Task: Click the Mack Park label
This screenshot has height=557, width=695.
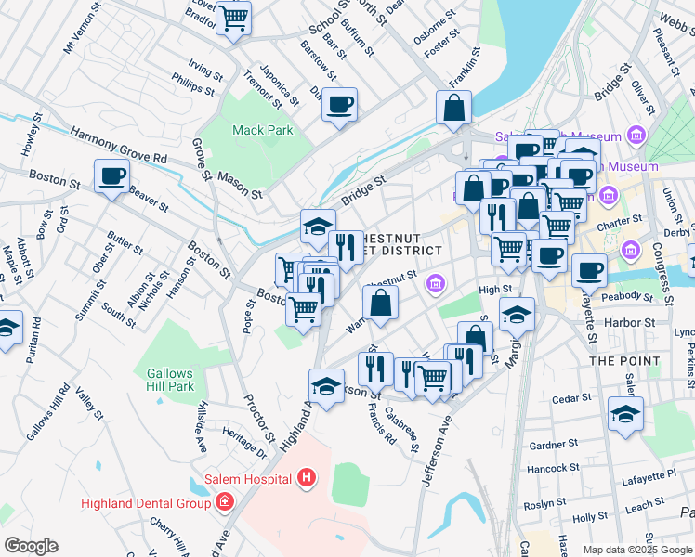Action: click(262, 131)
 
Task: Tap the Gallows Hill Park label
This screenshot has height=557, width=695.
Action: click(169, 380)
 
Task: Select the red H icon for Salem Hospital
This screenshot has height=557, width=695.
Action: click(307, 479)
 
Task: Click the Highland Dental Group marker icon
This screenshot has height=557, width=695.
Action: click(224, 502)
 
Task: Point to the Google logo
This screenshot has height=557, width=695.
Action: click(31, 546)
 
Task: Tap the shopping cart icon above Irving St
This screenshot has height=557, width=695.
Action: click(233, 18)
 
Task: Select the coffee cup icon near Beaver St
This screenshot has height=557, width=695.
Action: click(111, 175)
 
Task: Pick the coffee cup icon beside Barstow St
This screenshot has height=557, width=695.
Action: click(340, 103)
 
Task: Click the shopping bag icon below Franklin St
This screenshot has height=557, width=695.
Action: click(453, 107)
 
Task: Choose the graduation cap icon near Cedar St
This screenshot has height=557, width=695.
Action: click(625, 414)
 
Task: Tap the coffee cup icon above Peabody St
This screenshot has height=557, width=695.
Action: click(588, 270)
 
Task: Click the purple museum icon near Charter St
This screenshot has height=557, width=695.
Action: click(609, 195)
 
